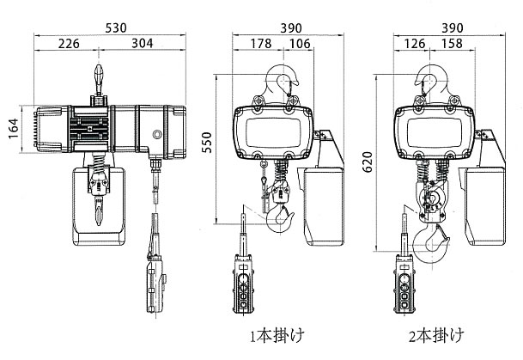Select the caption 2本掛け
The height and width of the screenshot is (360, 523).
coord(439,331)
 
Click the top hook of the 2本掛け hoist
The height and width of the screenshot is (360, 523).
coord(433,82)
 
